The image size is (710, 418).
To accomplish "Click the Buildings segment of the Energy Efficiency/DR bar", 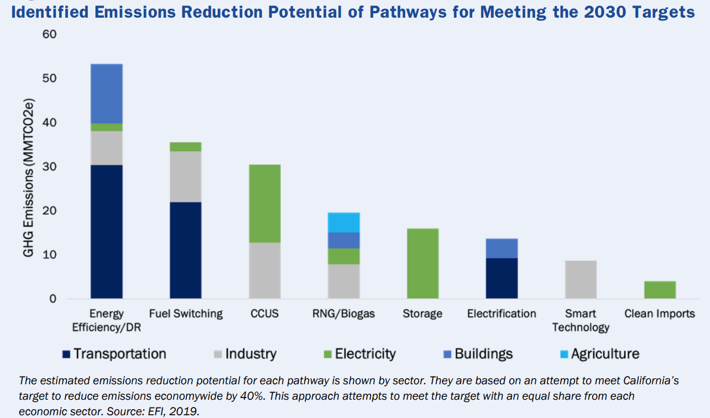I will (107, 93).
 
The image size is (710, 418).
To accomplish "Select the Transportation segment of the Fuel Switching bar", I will (185, 250).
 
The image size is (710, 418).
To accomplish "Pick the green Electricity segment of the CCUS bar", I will (264, 203).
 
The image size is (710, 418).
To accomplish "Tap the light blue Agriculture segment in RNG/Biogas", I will (343, 222).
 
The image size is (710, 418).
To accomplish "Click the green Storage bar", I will (422, 263).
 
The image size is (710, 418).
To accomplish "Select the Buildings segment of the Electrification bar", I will (502, 248).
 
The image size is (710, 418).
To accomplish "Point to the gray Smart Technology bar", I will (581, 279).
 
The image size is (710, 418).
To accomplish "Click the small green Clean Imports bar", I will (660, 290).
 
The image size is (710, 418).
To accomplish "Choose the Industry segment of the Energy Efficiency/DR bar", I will (107, 148).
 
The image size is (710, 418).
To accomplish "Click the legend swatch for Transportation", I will (65, 354).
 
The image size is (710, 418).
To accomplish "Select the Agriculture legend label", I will (605, 354).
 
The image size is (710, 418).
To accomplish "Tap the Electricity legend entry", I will (365, 354).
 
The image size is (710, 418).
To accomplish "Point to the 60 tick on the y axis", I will (49, 35).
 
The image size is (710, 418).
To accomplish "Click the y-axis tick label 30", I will (49, 167).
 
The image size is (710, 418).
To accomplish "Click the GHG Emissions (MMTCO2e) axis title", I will (29, 166).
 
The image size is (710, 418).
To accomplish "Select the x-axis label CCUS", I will (264, 314).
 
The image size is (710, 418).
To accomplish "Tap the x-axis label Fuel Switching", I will (186, 314).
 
